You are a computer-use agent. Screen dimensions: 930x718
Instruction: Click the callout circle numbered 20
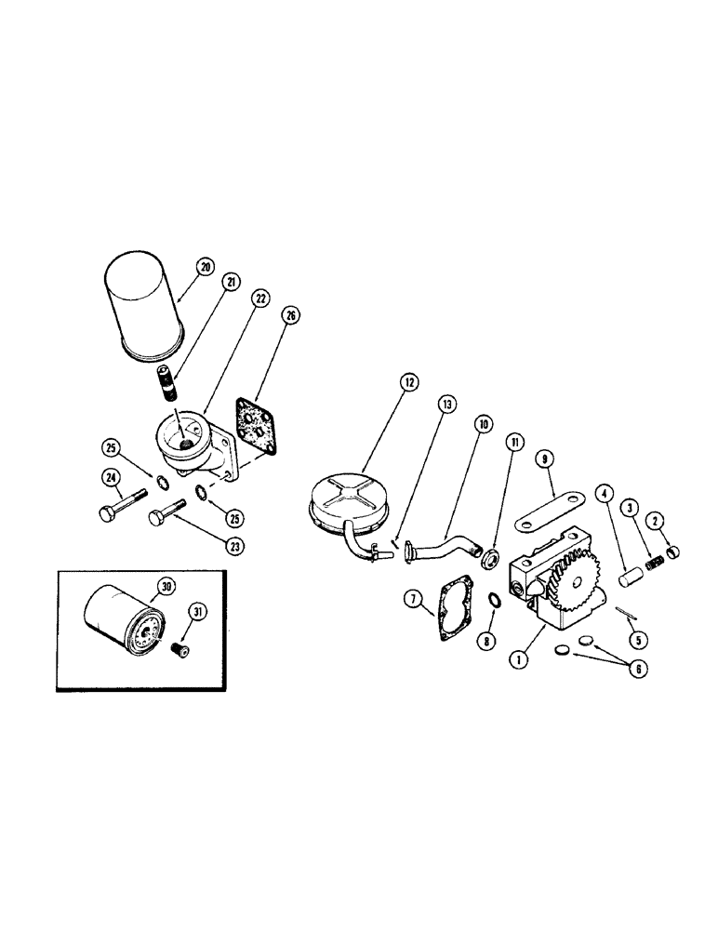(x=204, y=266)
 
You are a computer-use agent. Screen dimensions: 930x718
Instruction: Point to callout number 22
(x=259, y=298)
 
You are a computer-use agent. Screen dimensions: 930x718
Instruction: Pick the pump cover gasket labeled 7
(x=454, y=604)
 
